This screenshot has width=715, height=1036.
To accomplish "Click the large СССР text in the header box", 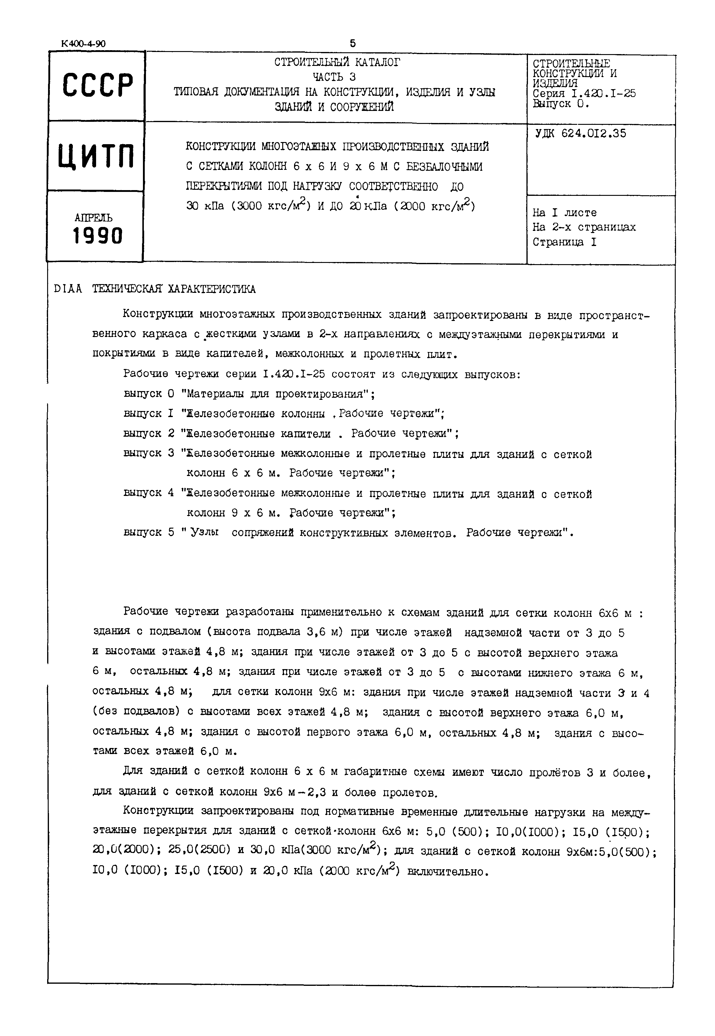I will click(98, 85).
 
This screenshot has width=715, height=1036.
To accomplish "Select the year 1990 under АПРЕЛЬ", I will click(98, 236).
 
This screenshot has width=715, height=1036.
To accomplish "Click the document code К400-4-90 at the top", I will click(83, 44).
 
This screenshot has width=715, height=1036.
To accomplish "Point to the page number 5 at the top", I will click(353, 44).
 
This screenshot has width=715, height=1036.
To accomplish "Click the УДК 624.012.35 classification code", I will click(580, 134).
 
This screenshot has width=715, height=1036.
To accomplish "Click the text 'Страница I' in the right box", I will click(565, 242).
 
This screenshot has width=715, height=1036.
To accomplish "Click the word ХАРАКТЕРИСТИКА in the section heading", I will click(212, 289).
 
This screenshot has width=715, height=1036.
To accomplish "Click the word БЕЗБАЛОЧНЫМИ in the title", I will click(445, 167).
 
